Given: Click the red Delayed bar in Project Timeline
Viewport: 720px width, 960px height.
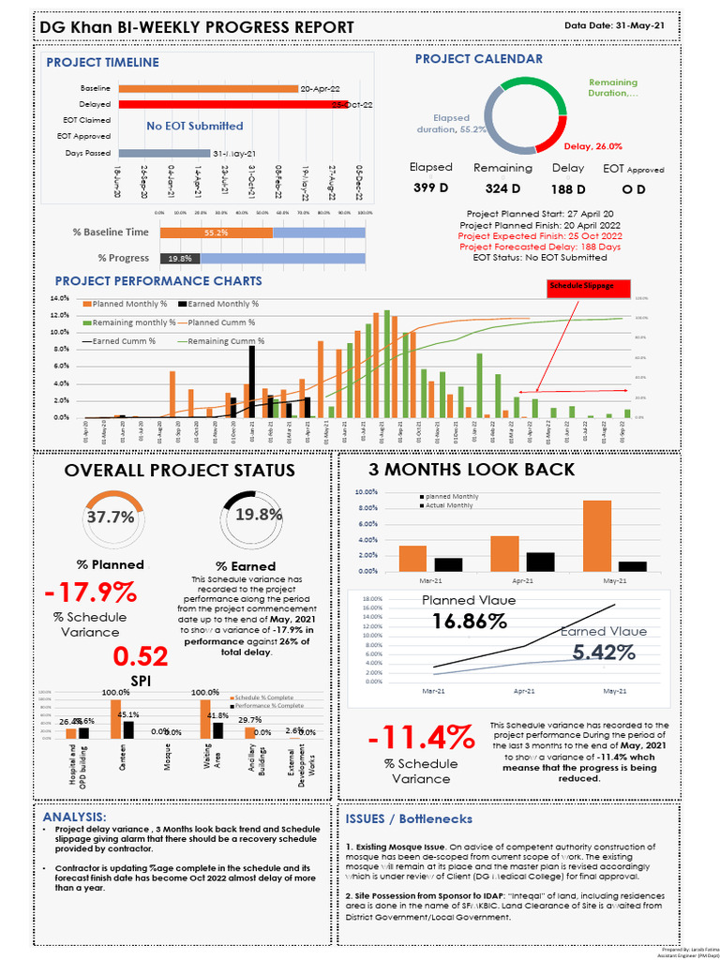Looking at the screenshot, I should pos(230,104).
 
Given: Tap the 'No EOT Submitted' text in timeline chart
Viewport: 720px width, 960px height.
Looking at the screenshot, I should pos(194,126).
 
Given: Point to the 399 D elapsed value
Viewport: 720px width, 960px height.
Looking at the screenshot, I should pos(430,187).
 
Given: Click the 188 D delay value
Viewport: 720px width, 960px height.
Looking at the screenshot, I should pos(567,187).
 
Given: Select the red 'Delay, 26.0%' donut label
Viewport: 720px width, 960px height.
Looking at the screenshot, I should pos(592,146).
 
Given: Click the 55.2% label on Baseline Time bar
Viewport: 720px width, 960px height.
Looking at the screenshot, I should pos(217,232).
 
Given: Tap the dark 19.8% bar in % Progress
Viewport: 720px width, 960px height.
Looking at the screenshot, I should pos(180,258).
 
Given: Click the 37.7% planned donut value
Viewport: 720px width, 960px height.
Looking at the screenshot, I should pos(111,517).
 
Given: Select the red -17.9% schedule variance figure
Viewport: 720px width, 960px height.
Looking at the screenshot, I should pos(91,592).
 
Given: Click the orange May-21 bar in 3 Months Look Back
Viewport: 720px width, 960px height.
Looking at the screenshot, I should pos(596,536).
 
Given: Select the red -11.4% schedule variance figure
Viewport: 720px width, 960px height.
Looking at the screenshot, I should pos(420,737).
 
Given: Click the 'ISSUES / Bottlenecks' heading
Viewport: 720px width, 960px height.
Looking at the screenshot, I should pos(408,818).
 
